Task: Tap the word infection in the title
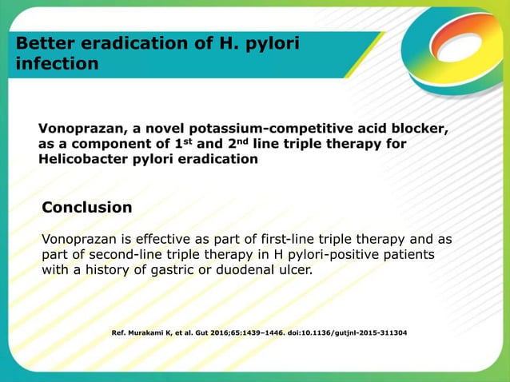click(53, 63)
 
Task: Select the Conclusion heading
click(87, 208)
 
